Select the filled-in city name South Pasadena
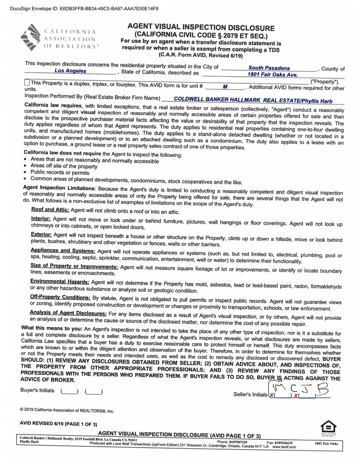tap(269, 68)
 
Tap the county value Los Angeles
tap(70, 71)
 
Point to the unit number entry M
tap(225, 87)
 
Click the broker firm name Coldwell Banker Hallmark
tap(253, 100)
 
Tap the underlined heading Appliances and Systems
tap(63, 250)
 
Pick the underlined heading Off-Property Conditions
tap(60, 297)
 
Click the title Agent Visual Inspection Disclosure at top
tap(201, 28)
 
